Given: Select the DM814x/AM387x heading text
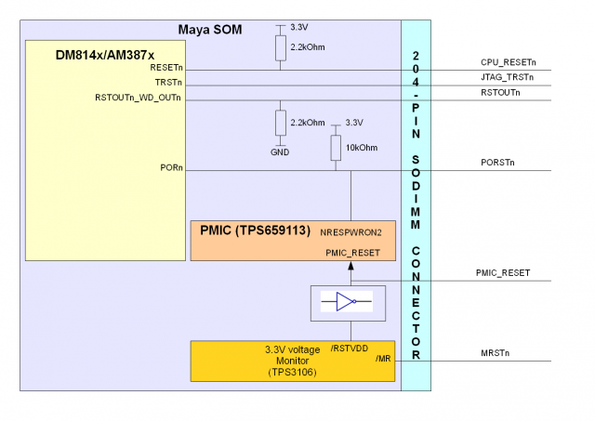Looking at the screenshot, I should click(104, 56).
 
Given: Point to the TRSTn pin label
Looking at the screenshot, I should click(168, 83).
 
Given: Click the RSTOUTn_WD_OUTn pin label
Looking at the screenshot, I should click(139, 97).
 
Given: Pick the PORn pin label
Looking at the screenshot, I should click(171, 168).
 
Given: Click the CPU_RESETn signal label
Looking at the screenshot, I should click(508, 62).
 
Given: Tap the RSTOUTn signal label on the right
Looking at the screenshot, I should click(501, 93).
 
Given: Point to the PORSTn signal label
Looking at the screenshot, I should click(497, 163).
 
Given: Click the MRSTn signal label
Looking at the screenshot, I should click(495, 353).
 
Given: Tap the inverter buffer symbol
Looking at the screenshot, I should click(345, 301).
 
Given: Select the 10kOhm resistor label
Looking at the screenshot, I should click(362, 148).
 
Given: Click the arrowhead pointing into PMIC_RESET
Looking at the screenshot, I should click(350, 267).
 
